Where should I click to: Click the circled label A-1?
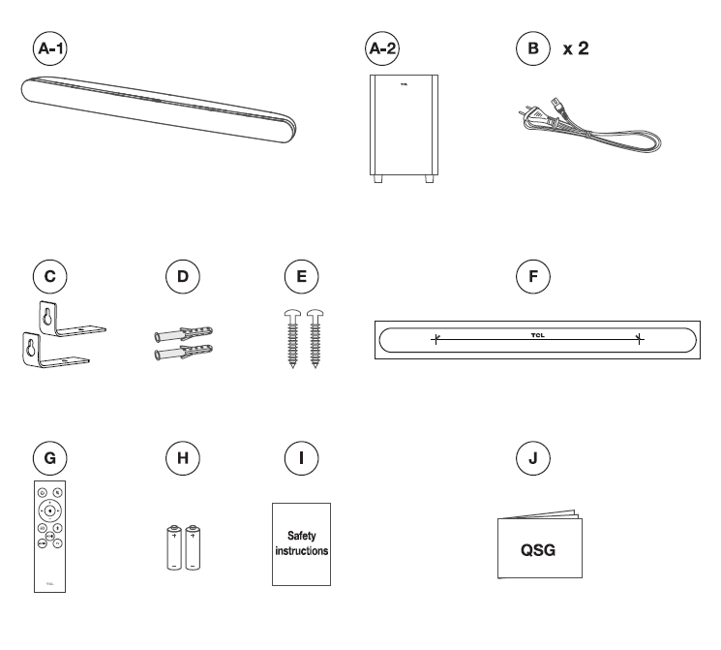pyautogui.click(x=51, y=46)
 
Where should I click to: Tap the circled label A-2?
pyautogui.click(x=383, y=46)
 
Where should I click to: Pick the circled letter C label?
pyautogui.click(x=51, y=276)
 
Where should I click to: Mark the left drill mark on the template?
pyautogui.click(x=436, y=339)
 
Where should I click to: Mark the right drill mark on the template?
pyautogui.click(x=639, y=338)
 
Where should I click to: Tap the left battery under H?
pyautogui.click(x=175, y=546)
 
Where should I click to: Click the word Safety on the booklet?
pyautogui.click(x=301, y=535)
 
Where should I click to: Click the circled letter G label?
pyautogui.click(x=51, y=455)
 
